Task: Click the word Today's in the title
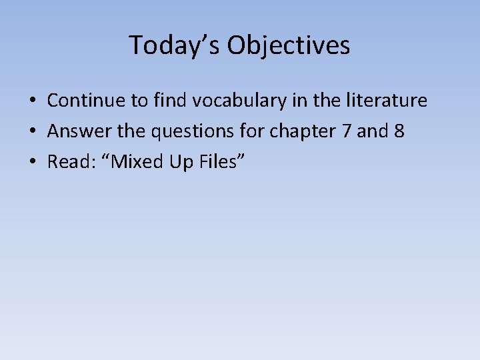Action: pos(174,45)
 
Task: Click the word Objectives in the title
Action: pos(288,46)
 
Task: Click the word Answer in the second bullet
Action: pos(75,131)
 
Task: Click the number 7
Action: pos(345,131)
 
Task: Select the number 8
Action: pos(399,131)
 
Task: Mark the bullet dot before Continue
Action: pos(31,101)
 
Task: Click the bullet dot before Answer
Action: pos(31,132)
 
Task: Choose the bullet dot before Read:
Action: pos(31,162)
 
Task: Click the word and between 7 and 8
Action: pos(372,131)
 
